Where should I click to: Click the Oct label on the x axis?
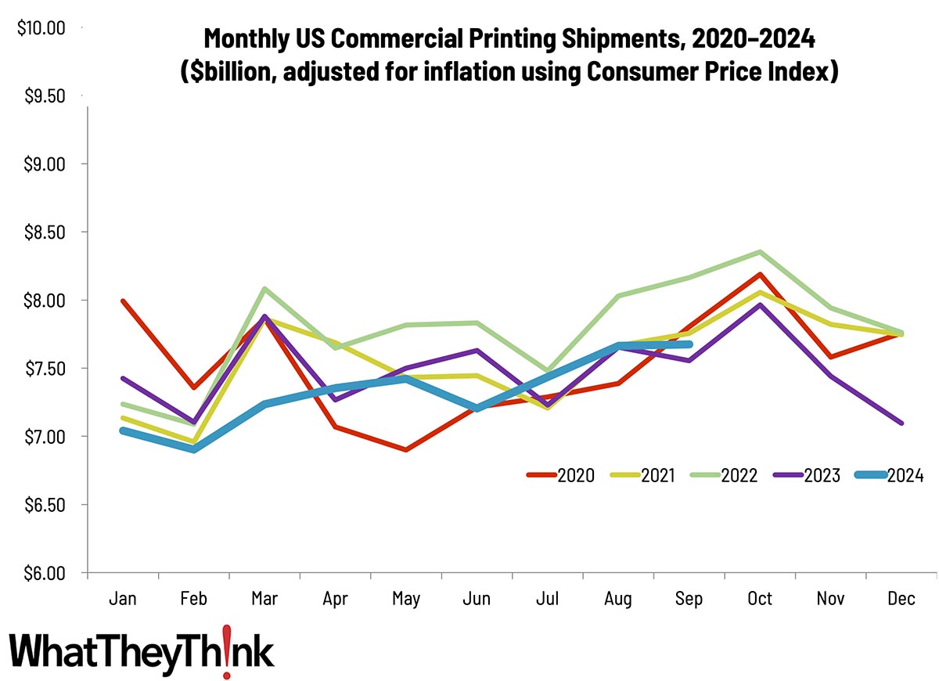pyautogui.click(x=760, y=599)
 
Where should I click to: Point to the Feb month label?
pyautogui.click(x=193, y=599)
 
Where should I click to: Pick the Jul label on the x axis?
pyautogui.click(x=548, y=599)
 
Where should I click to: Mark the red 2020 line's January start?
pyautogui.click(x=123, y=301)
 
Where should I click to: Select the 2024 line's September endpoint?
pyautogui.click(x=689, y=344)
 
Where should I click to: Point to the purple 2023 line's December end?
pyautogui.click(x=901, y=423)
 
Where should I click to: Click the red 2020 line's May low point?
pyautogui.click(x=406, y=450)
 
